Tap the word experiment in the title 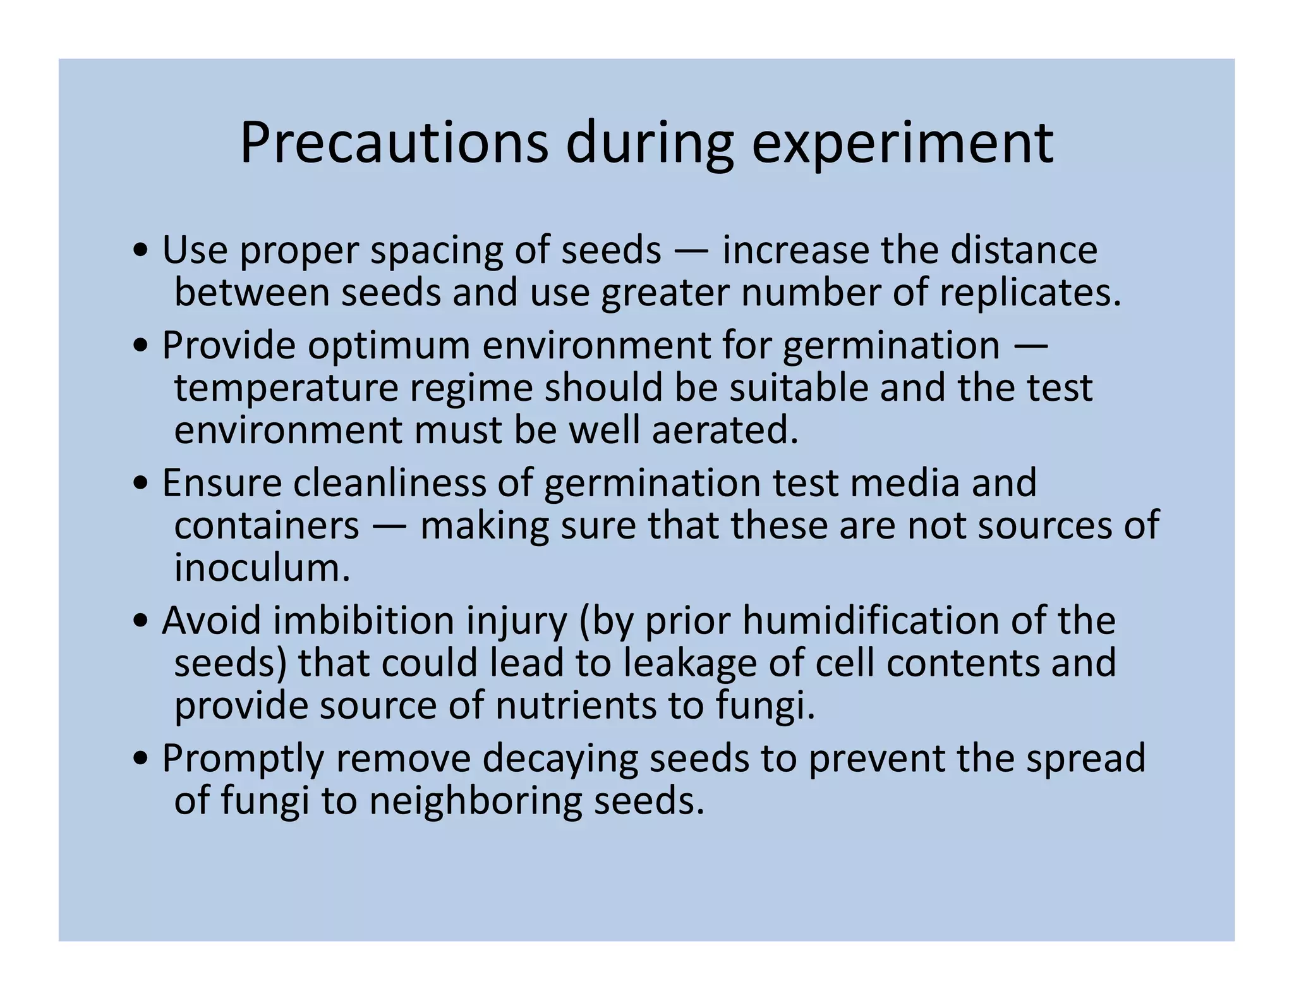[x=902, y=144]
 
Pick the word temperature [x=286, y=387]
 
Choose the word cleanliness [x=389, y=483]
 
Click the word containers [x=267, y=525]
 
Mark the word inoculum [x=262, y=568]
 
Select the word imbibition [x=363, y=621]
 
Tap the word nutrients [x=576, y=705]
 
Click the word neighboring [x=475, y=801]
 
